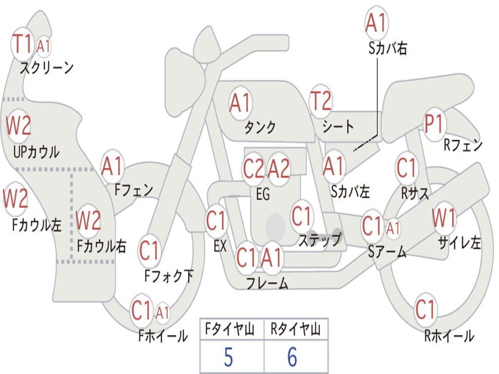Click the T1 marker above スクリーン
pyautogui.click(x=22, y=44)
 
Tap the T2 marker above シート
pyautogui.click(x=321, y=101)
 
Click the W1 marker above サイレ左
pyautogui.click(x=444, y=218)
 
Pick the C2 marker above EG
pyautogui.click(x=253, y=168)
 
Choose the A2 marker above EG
pyautogui.click(x=279, y=168)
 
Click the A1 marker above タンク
pyautogui.click(x=241, y=103)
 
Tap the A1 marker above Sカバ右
pyautogui.click(x=377, y=23)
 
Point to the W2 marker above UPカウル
pyautogui.click(x=19, y=126)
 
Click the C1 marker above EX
pyautogui.click(x=216, y=221)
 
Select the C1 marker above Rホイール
pyautogui.click(x=425, y=309)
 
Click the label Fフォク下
pyautogui.click(x=169, y=276)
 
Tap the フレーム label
pyautogui.click(x=268, y=283)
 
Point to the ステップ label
pyautogui.click(x=320, y=239)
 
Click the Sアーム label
pyautogui.click(x=387, y=252)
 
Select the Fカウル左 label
pyautogui.click(x=37, y=224)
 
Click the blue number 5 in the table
pyautogui.click(x=228, y=357)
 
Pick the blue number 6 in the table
pyautogui.click(x=292, y=357)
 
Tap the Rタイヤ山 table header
pyautogui.click(x=296, y=329)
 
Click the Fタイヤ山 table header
pyautogui.click(x=230, y=329)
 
